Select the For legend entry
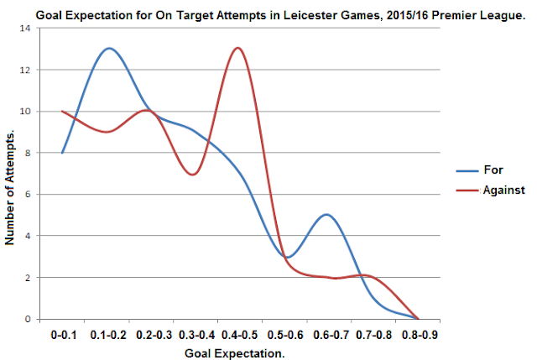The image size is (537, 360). (x=480, y=170)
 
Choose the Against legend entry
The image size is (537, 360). (x=490, y=190)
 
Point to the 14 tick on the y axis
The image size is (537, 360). (x=26, y=28)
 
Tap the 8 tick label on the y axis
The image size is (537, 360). (x=28, y=153)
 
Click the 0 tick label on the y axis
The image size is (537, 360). (x=28, y=319)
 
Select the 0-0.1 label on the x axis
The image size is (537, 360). (x=64, y=335)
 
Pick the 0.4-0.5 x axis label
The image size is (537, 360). (x=239, y=335)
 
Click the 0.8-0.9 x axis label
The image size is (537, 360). (x=420, y=335)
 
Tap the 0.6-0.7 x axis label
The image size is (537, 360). (x=331, y=335)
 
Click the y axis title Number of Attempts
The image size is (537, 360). (x=9, y=187)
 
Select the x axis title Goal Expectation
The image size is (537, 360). (x=235, y=353)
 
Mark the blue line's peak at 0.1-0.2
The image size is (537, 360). (x=109, y=49)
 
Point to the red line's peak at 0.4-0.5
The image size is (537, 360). (x=237, y=48)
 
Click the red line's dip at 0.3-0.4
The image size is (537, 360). (x=193, y=175)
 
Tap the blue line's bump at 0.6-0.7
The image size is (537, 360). (x=326, y=215)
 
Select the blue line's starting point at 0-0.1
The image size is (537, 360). (x=62, y=153)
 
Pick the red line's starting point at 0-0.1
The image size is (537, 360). (x=62, y=111)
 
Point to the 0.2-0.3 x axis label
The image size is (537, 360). (x=154, y=335)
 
